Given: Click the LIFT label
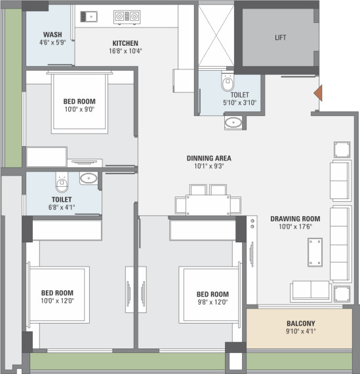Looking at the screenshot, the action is pyautogui.click(x=280, y=38).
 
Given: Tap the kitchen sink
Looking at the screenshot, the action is pyautogui.click(x=89, y=16).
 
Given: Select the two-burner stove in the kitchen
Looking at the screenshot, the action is pyautogui.click(x=127, y=17).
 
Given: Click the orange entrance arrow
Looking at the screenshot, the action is pyautogui.click(x=318, y=93).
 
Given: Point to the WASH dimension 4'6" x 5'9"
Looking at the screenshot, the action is pyautogui.click(x=52, y=43).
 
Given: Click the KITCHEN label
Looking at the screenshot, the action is pyautogui.click(x=125, y=43).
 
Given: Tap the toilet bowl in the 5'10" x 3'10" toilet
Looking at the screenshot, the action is pyautogui.click(x=228, y=82).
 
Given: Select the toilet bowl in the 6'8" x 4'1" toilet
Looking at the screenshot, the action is pyautogui.click(x=62, y=182).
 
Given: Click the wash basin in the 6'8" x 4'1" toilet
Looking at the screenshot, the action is pyautogui.click(x=89, y=178).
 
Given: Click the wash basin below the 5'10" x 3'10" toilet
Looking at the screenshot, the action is pyautogui.click(x=233, y=122).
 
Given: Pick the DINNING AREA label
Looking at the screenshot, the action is pyautogui.click(x=209, y=158).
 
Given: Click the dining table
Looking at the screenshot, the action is pyautogui.click(x=208, y=204).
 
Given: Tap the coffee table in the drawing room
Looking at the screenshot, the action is pyautogui.click(x=315, y=252).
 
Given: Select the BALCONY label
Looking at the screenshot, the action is pyautogui.click(x=301, y=324).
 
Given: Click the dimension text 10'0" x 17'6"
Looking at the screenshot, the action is pyautogui.click(x=296, y=227).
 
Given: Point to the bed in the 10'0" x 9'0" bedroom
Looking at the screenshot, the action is pyautogui.click(x=79, y=103).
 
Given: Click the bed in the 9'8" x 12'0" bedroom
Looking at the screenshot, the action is pyautogui.click(x=210, y=295).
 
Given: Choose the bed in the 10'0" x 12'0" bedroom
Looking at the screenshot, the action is pyautogui.click(x=58, y=295).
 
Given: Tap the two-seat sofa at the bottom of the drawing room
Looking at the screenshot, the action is pyautogui.click(x=311, y=291).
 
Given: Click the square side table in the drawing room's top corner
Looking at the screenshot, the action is pyautogui.click(x=342, y=150).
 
